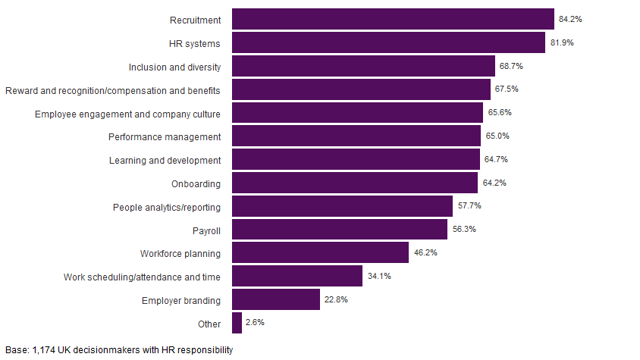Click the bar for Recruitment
point(393,19)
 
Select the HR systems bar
point(388,42)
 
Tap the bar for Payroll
point(340,230)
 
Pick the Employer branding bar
point(276,299)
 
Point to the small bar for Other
point(237,323)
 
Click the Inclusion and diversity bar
point(363,66)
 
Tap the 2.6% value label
point(256,323)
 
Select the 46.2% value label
point(425,252)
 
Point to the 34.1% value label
point(379,276)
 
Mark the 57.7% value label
point(469,206)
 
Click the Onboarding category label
point(196,183)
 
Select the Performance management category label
point(165,137)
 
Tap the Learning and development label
point(165,160)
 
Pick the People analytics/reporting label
point(167,207)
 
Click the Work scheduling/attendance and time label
point(142,277)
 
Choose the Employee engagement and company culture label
point(127,114)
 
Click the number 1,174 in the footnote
point(44,350)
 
